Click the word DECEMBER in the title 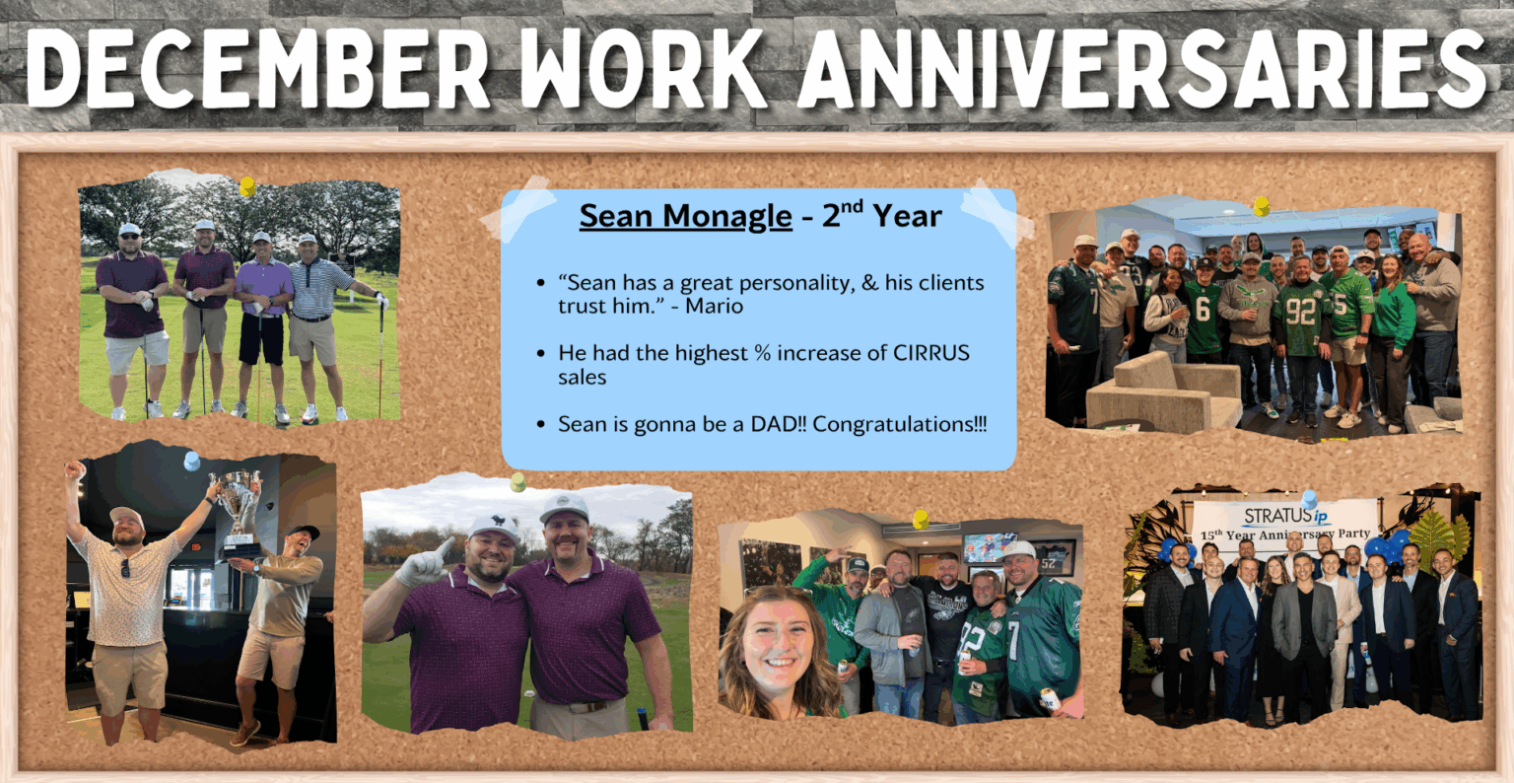click(x=258, y=69)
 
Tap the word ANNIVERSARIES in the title click(x=1141, y=69)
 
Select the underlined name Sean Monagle click(x=685, y=216)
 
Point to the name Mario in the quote click(x=715, y=307)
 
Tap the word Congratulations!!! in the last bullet click(x=900, y=425)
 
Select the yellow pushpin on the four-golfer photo click(x=247, y=186)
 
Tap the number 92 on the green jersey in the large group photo click(x=1300, y=311)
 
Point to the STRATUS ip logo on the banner click(x=1285, y=516)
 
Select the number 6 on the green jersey click(x=1203, y=308)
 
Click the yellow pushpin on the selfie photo click(x=921, y=520)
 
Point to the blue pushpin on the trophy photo click(x=192, y=461)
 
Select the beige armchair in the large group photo click(x=1162, y=395)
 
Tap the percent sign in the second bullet click(x=763, y=353)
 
